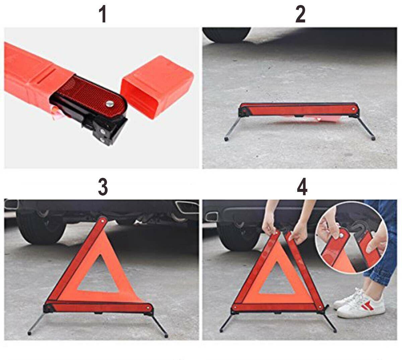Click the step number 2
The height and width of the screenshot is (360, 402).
point(300,14)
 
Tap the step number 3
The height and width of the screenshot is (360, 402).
point(103,187)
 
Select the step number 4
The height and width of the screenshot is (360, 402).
point(302,187)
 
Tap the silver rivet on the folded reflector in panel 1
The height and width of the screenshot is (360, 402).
point(110,103)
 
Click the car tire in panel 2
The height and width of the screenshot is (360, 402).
point(226,34)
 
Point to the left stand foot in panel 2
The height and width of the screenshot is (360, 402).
point(226,139)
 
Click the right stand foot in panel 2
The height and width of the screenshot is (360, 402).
point(373,138)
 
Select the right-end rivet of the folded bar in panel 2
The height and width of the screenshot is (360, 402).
point(353,109)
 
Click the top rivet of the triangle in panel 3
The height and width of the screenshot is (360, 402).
point(103,220)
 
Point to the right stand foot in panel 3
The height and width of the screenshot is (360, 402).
point(166,335)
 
